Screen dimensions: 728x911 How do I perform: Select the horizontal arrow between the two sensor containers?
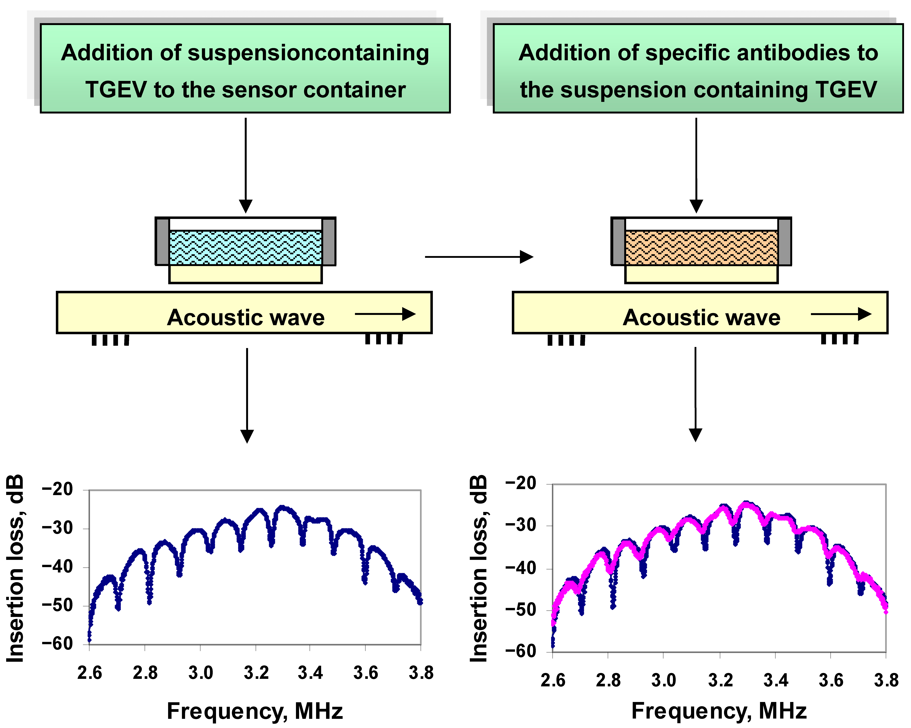click(x=479, y=256)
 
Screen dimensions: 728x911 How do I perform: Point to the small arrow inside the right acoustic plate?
click(x=841, y=314)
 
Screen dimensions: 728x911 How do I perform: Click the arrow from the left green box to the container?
click(x=245, y=165)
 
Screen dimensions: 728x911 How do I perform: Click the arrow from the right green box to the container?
click(x=696, y=165)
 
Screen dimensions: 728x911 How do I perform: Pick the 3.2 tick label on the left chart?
click(x=256, y=672)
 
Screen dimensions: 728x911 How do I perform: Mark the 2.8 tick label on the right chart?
click(x=608, y=680)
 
